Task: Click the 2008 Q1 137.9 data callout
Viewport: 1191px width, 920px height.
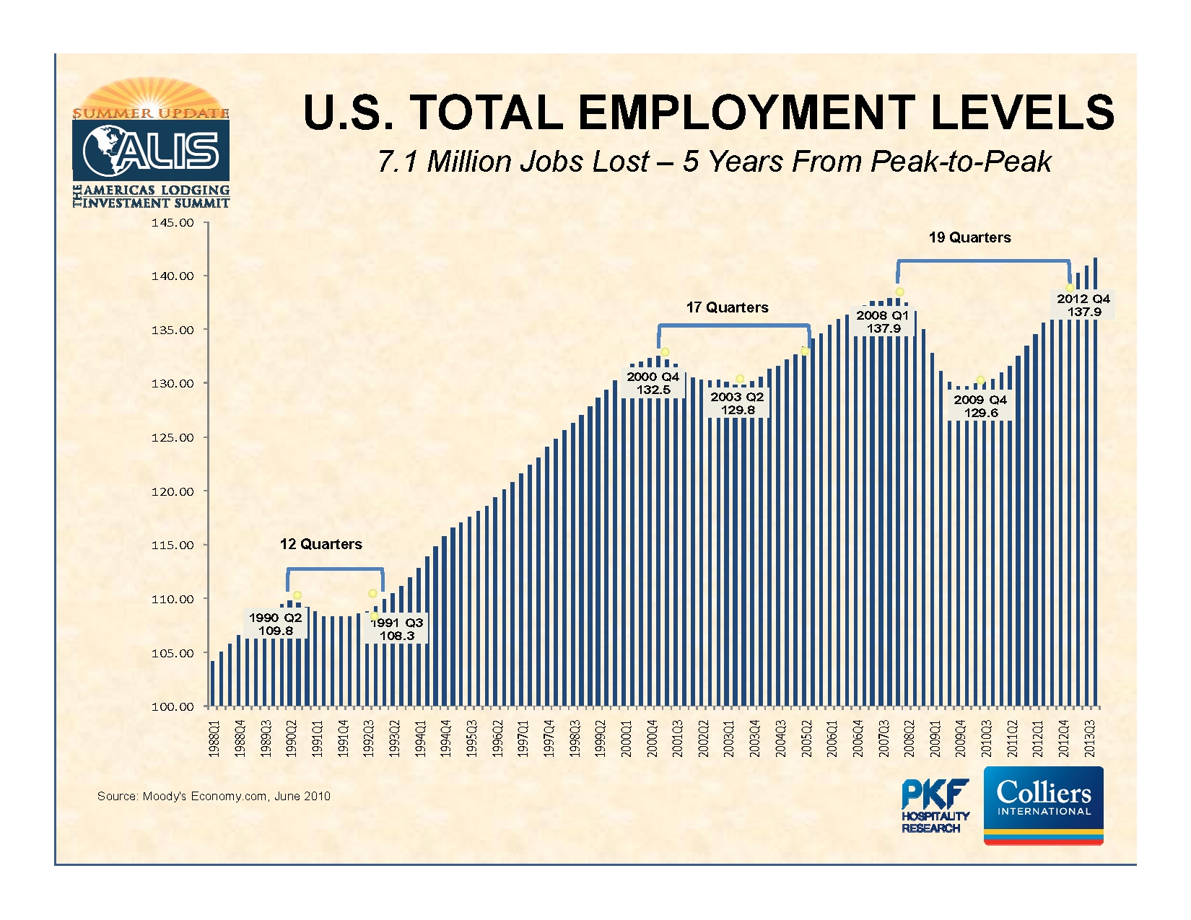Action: [883, 322]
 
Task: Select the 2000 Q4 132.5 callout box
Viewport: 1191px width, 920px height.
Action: [653, 383]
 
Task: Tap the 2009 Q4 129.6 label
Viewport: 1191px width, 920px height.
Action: [980, 406]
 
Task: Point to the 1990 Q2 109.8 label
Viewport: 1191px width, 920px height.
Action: [275, 624]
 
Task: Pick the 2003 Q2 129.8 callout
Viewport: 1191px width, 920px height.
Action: [737, 403]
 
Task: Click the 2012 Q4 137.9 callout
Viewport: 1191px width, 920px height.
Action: [1083, 305]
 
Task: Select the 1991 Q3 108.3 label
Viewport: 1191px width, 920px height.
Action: [397, 629]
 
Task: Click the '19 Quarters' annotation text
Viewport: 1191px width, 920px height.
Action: [969, 237]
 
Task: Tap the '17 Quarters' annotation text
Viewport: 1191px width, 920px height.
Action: [727, 307]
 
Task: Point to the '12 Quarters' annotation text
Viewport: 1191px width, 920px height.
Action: [320, 544]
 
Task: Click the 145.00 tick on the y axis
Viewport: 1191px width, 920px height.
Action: [173, 223]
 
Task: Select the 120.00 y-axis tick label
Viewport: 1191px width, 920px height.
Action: [173, 491]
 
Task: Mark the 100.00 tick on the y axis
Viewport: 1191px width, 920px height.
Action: [173, 706]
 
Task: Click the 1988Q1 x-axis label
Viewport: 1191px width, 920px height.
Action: [214, 738]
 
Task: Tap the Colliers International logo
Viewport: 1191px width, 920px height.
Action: [1043, 805]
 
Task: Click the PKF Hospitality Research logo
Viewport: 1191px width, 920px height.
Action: [935, 806]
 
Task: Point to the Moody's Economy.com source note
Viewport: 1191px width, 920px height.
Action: [214, 796]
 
